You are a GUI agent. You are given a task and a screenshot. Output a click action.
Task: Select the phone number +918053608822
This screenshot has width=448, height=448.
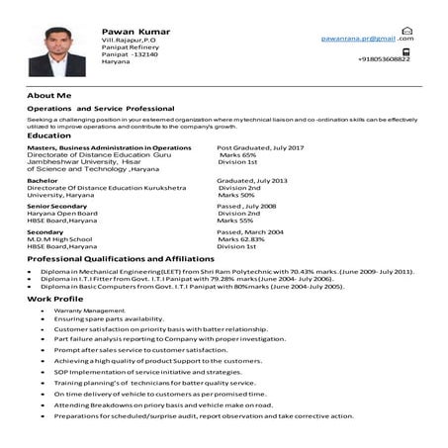(385, 59)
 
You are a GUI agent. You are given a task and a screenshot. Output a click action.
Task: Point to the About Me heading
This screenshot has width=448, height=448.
(49, 95)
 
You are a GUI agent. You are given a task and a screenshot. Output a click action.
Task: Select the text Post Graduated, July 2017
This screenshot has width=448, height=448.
(259, 146)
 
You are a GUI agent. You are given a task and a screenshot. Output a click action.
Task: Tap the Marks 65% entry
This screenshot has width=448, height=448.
(237, 155)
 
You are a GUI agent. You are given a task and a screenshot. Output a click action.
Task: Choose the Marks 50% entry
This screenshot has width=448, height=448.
(235, 196)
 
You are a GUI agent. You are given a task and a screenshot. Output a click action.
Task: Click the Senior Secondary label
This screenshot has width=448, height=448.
(57, 206)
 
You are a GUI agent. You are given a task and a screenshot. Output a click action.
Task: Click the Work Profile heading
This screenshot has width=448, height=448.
(55, 298)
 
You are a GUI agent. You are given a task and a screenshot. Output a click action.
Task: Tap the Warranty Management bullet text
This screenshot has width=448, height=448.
(91, 310)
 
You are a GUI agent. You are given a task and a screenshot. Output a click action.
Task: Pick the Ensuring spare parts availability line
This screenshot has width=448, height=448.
(109, 318)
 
